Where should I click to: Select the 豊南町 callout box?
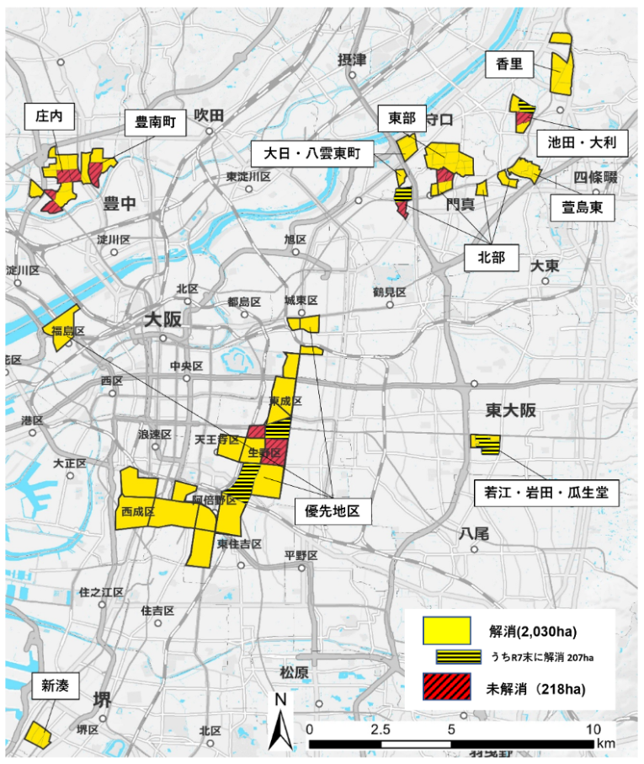156,123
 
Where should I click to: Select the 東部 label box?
402,119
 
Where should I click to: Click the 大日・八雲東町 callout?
311,153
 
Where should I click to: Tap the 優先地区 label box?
333,511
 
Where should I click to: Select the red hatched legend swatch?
445,688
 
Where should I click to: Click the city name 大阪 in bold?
162,320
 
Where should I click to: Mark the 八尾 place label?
473,533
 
